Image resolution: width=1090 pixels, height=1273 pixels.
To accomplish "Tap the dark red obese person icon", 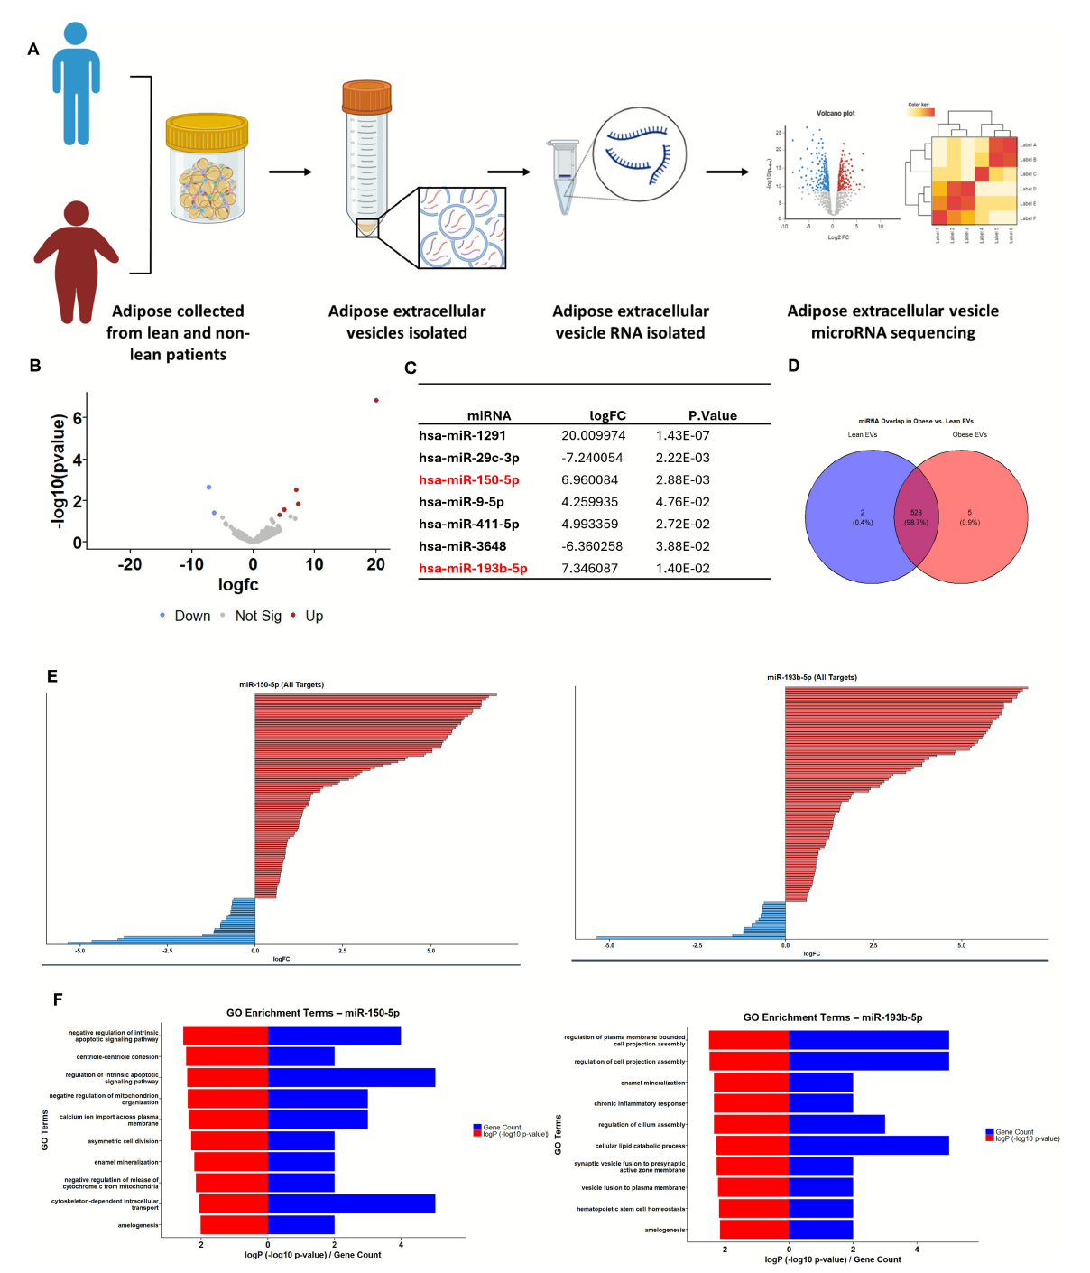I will (77, 262).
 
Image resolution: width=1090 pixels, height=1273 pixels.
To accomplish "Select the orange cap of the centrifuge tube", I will (366, 96).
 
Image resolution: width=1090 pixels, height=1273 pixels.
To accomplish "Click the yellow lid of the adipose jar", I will (207, 131).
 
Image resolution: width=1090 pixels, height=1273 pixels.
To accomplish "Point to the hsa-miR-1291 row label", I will (462, 435).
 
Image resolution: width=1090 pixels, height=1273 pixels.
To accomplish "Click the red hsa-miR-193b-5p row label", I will (473, 568).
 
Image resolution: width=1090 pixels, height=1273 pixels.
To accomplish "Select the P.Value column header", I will (712, 415).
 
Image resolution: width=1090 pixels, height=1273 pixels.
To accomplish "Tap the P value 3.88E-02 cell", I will (682, 546).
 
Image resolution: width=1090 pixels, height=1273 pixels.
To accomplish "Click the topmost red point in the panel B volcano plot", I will (376, 400).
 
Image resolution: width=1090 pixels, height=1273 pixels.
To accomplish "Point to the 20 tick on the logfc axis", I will (376, 564).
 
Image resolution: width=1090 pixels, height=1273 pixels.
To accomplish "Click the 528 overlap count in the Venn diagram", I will (916, 512).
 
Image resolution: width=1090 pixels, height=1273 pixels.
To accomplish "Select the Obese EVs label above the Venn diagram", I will (969, 434).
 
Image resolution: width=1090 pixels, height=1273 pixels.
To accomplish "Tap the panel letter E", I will (52, 676).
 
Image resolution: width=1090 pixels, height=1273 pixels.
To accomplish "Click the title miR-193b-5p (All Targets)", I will (812, 677).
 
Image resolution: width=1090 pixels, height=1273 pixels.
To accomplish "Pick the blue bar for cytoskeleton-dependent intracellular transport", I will (351, 1203).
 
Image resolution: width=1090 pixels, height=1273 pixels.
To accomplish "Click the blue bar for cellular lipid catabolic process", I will (868, 1145).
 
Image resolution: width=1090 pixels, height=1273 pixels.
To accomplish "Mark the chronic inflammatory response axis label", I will (639, 1103).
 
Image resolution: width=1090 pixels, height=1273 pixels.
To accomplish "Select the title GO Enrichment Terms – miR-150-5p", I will (312, 1013).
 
